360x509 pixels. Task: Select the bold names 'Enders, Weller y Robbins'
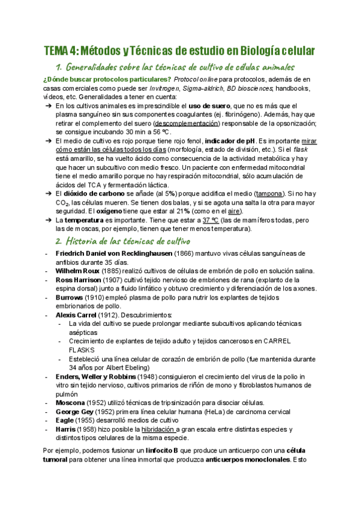[97, 376]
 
